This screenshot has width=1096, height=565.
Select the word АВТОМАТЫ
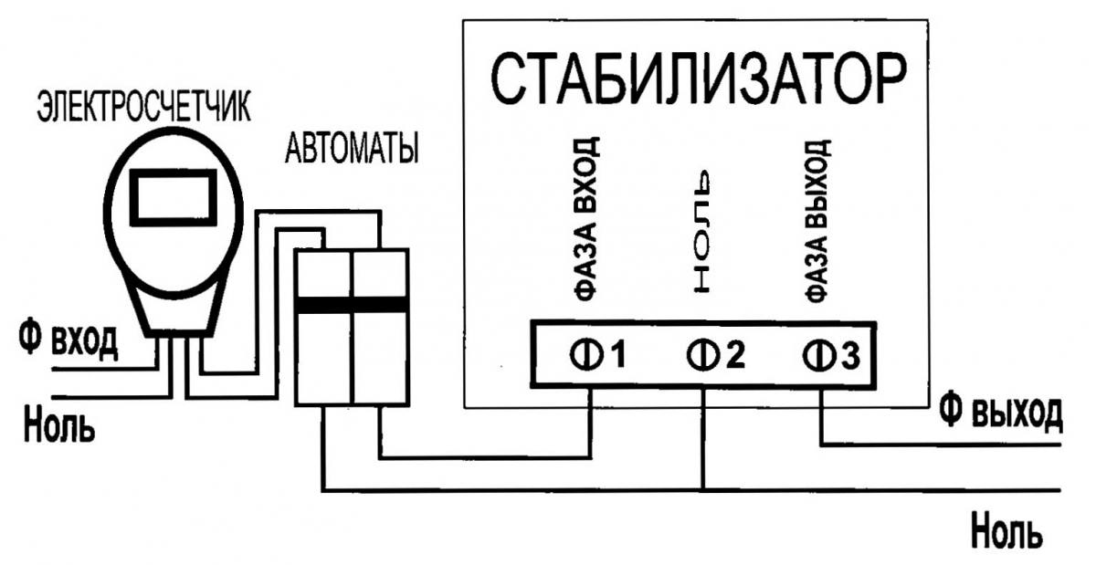(352, 148)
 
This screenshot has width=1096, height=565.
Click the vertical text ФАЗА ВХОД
(589, 219)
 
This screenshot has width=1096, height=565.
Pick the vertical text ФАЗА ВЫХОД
(818, 219)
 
